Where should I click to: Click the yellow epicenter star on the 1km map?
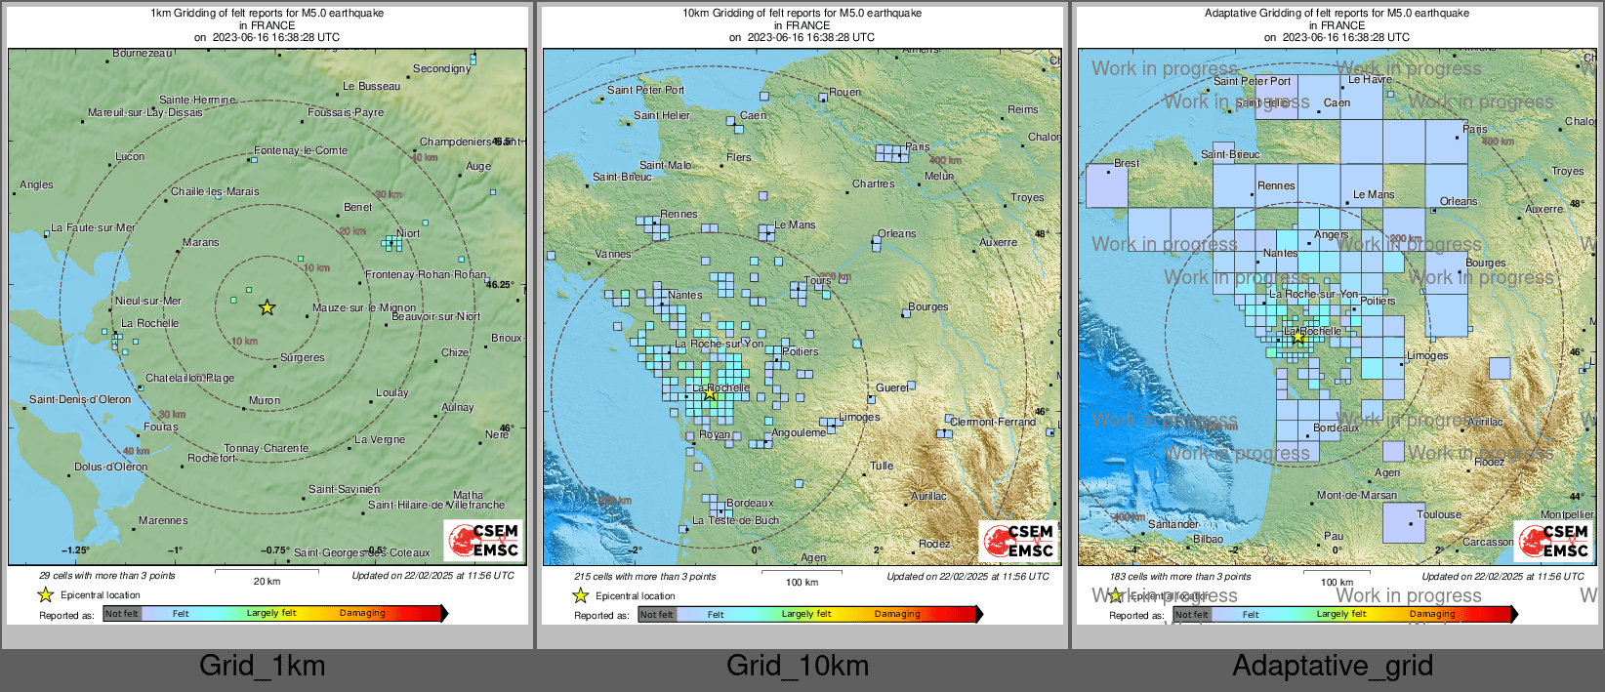pyautogui.click(x=267, y=307)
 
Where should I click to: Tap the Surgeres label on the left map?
pyautogui.click(x=302, y=357)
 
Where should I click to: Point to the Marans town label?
pyautogui.click(x=200, y=242)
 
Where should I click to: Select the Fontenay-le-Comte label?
pyautogui.click(x=301, y=150)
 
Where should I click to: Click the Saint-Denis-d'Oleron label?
pyautogui.click(x=80, y=399)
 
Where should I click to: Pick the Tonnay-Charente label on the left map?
pyautogui.click(x=266, y=448)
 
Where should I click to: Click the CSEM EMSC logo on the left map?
pyautogui.click(x=484, y=540)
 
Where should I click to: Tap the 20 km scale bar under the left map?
pyautogui.click(x=267, y=575)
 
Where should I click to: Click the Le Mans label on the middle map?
pyautogui.click(x=795, y=224)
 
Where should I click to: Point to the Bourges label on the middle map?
pyautogui.click(x=927, y=306)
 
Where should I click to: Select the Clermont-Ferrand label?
pyautogui.click(x=993, y=422)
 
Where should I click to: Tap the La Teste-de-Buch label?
pyautogui.click(x=735, y=520)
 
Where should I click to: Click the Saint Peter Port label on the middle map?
pyautogui.click(x=645, y=90)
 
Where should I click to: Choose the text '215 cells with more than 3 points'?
pyautogui.click(x=644, y=576)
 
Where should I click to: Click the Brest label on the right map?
pyautogui.click(x=1126, y=163)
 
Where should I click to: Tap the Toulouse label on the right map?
pyautogui.click(x=1439, y=514)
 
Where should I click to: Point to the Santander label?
pyautogui.click(x=1173, y=524)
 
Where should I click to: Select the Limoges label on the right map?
pyautogui.click(x=1427, y=355)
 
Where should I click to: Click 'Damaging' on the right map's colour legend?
pyautogui.click(x=1431, y=614)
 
